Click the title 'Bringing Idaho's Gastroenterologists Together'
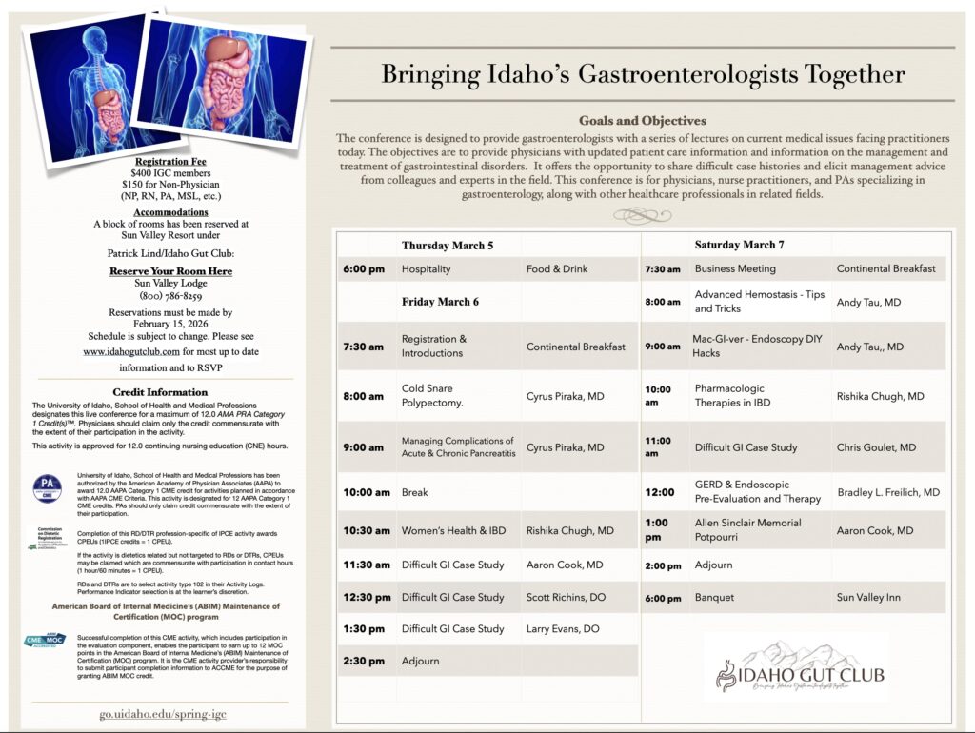click(643, 75)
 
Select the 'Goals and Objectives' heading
click(643, 121)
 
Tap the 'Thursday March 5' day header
click(448, 246)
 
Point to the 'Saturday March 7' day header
click(740, 246)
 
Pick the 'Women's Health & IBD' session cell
click(453, 530)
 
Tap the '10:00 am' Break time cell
click(367, 492)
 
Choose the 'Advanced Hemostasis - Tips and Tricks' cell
click(759, 302)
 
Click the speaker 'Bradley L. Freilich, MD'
click(888, 492)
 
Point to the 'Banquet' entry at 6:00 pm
click(714, 598)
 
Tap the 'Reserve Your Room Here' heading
click(157, 271)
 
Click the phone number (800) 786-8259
click(157, 296)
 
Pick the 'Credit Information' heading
click(160, 391)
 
